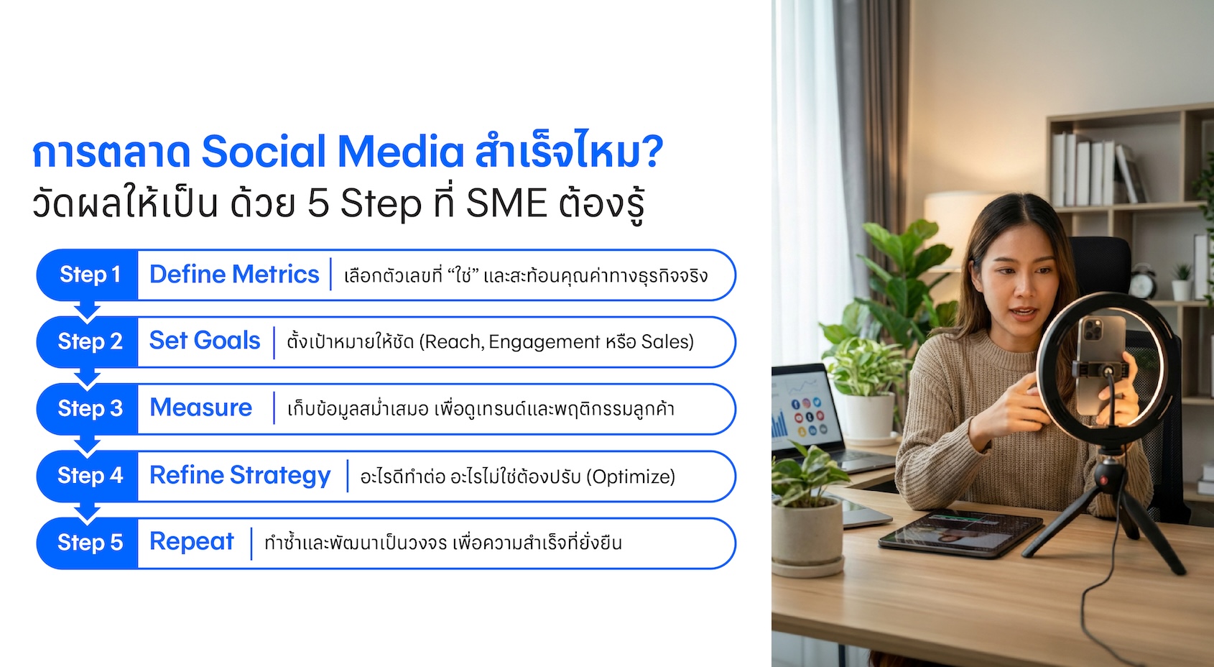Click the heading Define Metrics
(x=234, y=275)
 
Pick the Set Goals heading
(x=205, y=341)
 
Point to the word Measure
(x=201, y=408)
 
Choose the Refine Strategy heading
(x=240, y=476)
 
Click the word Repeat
(x=192, y=542)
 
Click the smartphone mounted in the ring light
(x=1101, y=366)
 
